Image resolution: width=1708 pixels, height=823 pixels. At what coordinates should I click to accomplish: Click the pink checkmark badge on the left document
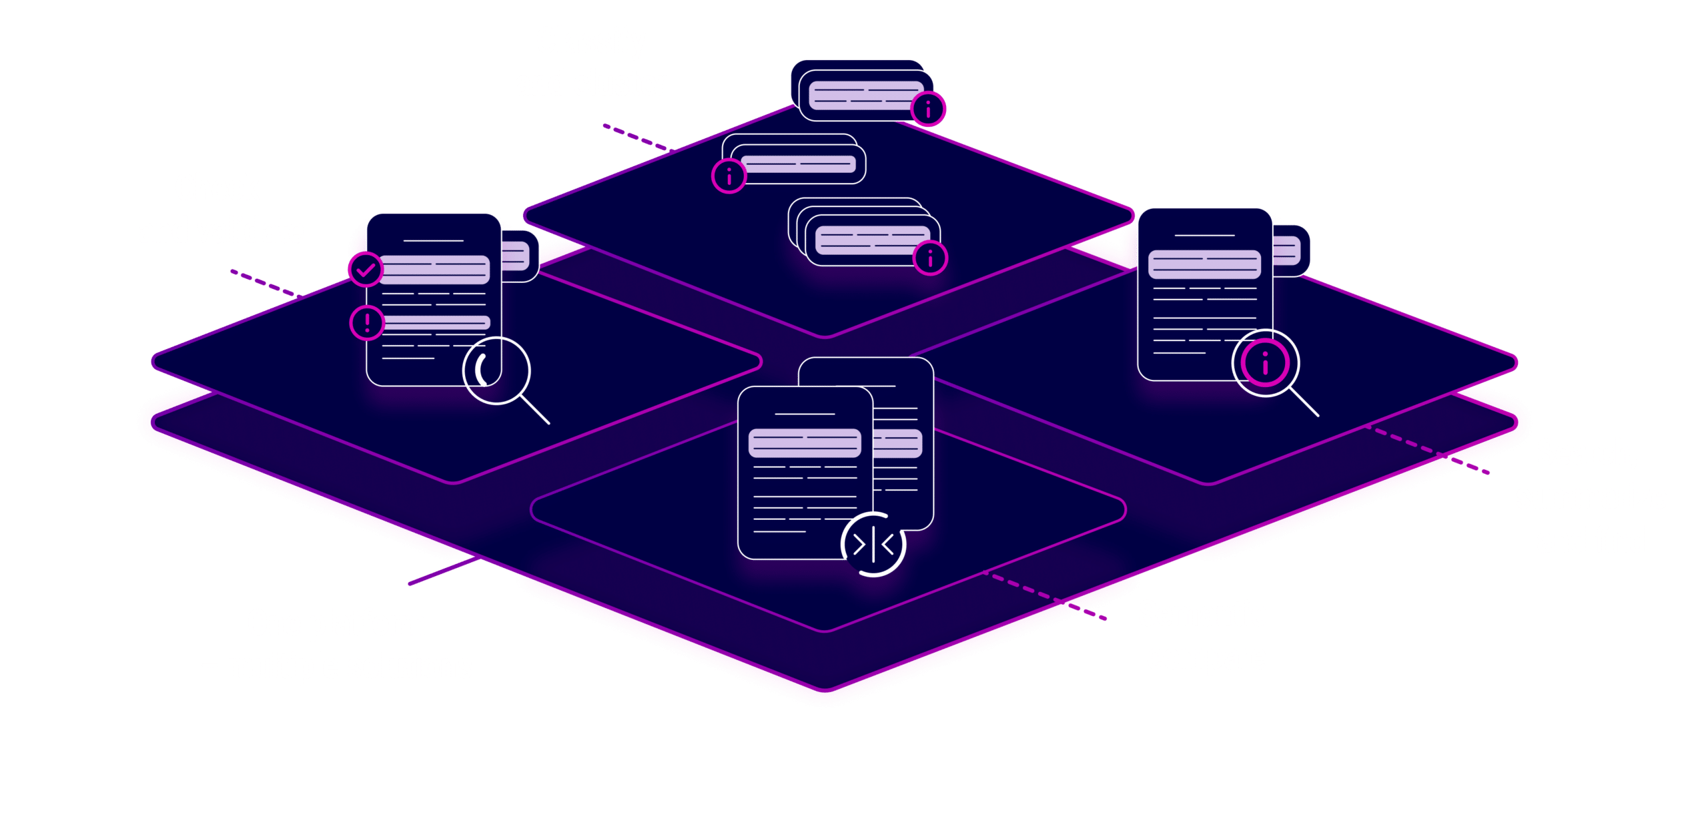(366, 270)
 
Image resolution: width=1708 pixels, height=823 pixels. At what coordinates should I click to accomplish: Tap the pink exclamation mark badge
(367, 323)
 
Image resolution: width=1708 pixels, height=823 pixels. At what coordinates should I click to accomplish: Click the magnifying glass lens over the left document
(496, 370)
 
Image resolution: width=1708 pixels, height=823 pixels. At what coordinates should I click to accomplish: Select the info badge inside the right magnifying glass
(1265, 363)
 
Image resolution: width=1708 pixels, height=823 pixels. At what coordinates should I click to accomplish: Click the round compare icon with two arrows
(873, 544)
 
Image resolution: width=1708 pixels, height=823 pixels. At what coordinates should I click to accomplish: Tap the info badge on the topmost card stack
(928, 109)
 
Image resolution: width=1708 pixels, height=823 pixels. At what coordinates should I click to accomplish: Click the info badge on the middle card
(729, 176)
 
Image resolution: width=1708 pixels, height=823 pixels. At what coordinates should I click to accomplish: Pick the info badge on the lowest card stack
(930, 258)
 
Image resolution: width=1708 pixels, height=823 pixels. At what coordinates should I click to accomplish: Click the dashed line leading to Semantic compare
(1044, 594)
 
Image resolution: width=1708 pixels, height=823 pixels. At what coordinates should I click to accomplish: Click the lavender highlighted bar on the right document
(1204, 264)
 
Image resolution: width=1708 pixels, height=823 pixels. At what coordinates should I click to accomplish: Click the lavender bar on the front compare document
(805, 443)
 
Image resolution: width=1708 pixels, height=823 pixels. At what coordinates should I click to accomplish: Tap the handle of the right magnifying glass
(1304, 402)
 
